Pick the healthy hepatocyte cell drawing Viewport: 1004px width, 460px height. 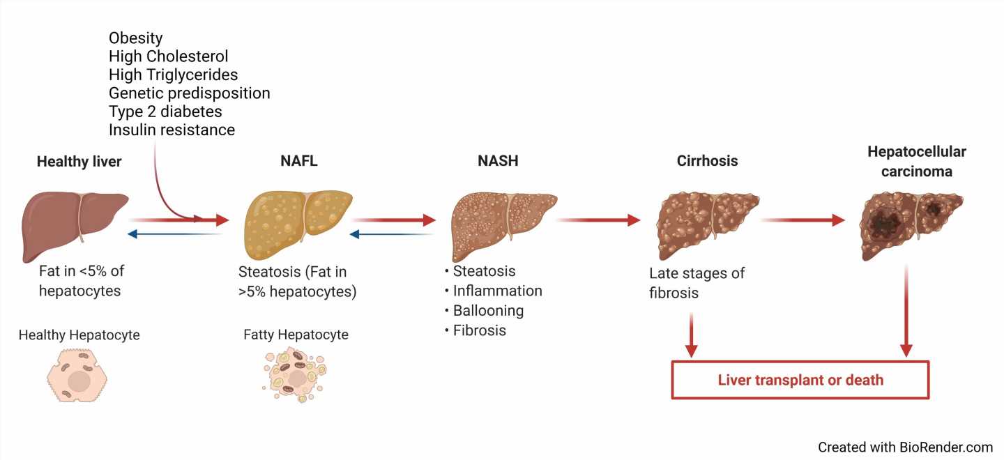78,376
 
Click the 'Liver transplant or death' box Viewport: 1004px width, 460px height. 800,380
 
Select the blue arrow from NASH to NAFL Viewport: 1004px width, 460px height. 393,234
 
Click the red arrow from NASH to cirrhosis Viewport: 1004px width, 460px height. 598,220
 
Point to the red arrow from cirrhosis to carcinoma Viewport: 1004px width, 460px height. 803,220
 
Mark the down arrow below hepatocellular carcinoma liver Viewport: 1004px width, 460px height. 906,310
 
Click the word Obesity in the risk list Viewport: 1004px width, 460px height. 136,38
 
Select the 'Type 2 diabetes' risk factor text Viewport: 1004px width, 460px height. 165,112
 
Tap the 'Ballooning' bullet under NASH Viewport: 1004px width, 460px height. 488,310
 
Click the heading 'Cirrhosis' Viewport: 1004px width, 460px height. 707,161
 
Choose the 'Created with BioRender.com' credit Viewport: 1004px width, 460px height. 905,447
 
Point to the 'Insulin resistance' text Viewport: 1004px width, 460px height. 172,130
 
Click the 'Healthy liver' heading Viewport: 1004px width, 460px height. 79,162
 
